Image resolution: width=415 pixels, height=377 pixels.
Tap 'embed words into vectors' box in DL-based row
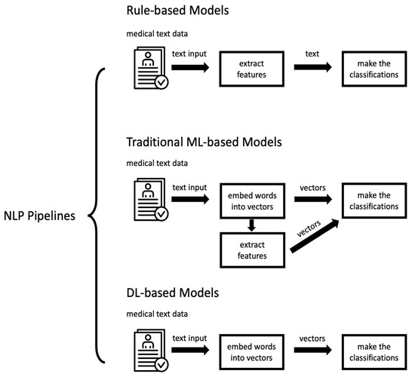[254, 351]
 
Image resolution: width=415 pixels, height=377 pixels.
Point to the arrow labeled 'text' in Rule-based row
[314, 68]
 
